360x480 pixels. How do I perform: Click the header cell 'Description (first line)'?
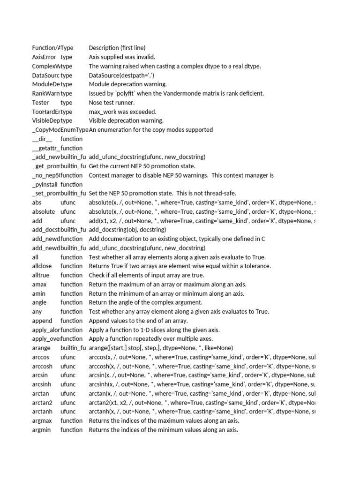coord(117,48)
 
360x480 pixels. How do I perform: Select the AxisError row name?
coord(44,57)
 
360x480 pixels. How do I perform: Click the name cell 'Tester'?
coord(40,103)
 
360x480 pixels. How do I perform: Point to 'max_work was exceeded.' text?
coord(123,112)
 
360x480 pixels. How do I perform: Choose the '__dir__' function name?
coord(42,139)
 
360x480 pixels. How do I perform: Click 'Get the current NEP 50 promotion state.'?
coord(142,166)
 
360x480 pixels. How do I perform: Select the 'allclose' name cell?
coord(42,266)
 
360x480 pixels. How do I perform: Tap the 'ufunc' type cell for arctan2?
coord(68,403)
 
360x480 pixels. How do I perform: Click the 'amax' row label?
coord(39,284)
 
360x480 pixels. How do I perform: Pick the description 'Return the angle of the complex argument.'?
coord(146,302)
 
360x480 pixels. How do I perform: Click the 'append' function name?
coord(42,321)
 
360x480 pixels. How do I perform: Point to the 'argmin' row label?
coord(42,430)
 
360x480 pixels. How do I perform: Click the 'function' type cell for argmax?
coord(71,421)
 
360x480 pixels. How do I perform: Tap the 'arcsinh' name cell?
coord(42,384)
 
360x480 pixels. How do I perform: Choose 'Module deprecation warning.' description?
coord(128,84)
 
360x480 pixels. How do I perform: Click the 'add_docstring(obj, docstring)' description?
coord(127,230)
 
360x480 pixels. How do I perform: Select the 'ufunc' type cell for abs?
coord(68,202)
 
